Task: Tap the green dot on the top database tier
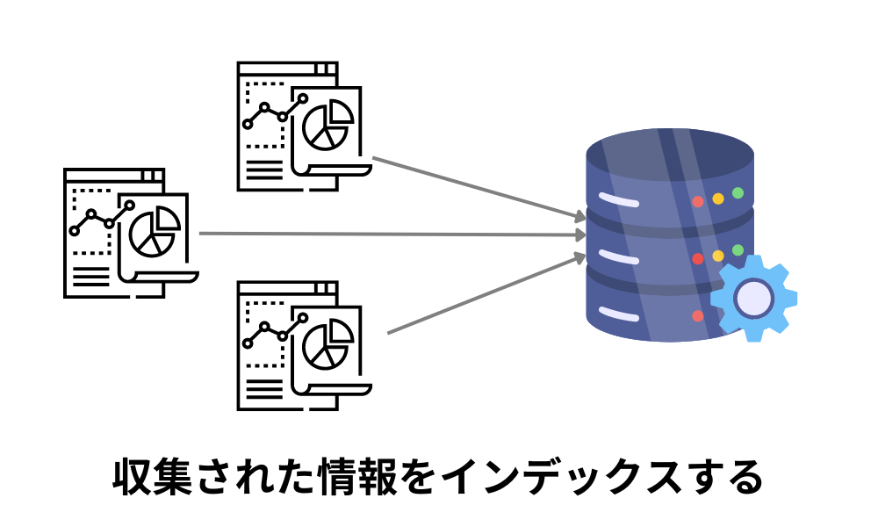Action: (x=738, y=192)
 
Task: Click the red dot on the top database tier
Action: (x=698, y=202)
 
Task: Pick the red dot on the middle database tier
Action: (x=698, y=259)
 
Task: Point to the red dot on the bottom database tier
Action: (x=698, y=315)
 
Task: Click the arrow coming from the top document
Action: (x=479, y=188)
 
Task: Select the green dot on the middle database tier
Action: (x=738, y=250)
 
